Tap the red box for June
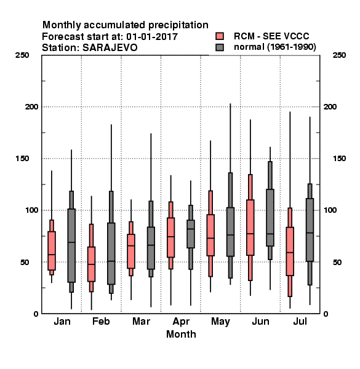pyautogui.click(x=250, y=228)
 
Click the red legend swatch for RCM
pyautogui.click(x=220, y=36)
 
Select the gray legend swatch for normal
pyautogui.click(x=220, y=47)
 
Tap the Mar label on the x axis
pyautogui.click(x=141, y=321)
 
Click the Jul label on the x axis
pyautogui.click(x=300, y=321)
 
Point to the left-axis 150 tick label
pyautogui.click(x=22, y=159)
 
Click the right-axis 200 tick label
pyautogui.click(x=330, y=106)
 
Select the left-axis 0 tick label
pyautogui.click(x=36, y=314)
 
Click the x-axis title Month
pyautogui.click(x=181, y=334)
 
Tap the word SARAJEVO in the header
pyautogui.click(x=110, y=47)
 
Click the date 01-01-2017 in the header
pyautogui.click(x=152, y=36)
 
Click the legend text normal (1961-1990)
pyautogui.click(x=275, y=47)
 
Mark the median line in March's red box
pyautogui.click(x=131, y=245)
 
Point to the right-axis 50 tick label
pyautogui.click(x=337, y=262)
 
